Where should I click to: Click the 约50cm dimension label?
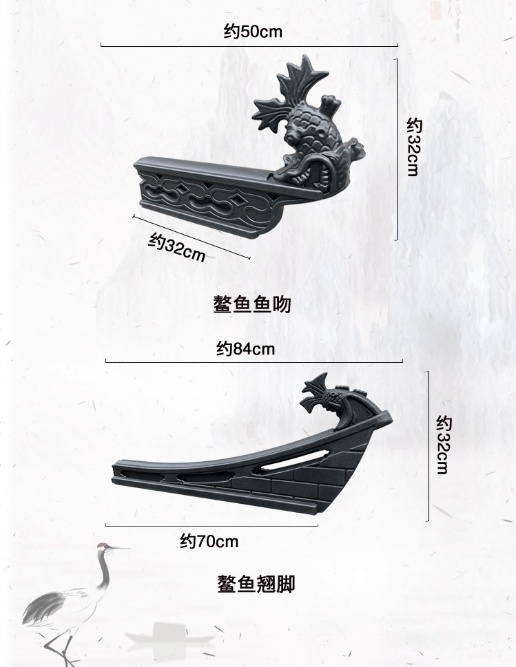click(x=253, y=32)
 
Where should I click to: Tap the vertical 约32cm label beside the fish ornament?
click(x=413, y=147)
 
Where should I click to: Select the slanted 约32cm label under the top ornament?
click(x=177, y=247)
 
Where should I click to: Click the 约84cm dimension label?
click(x=245, y=349)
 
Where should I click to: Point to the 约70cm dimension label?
click(x=209, y=542)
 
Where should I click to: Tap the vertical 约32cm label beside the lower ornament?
click(x=443, y=445)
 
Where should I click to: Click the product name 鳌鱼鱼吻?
click(x=252, y=304)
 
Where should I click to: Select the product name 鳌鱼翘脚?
click(x=256, y=584)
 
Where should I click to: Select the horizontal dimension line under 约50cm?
click(x=249, y=46)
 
